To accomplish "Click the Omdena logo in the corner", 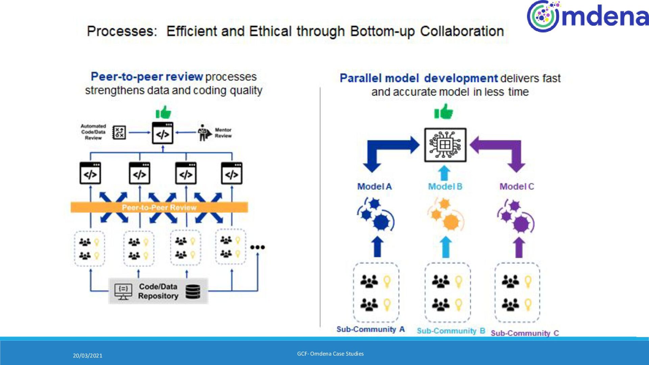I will click(587, 16).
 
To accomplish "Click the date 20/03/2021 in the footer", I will click(88, 356).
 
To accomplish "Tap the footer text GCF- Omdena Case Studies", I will click(330, 354).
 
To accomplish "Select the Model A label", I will click(375, 186).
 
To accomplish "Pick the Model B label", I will click(445, 186).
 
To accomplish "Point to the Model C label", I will click(516, 186).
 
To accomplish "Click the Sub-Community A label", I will click(370, 329).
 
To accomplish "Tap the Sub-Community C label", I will click(525, 333).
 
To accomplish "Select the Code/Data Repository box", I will click(158, 291).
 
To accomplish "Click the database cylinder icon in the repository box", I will click(193, 291).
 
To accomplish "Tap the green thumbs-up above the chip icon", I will click(443, 112).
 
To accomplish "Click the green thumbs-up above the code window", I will click(163, 112).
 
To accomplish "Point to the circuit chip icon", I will click(445, 145).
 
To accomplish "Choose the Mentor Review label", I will click(223, 133).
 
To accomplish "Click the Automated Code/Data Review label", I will click(93, 132).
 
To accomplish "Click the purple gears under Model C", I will click(516, 216).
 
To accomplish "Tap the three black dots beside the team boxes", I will click(258, 247).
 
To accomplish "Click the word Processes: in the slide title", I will click(122, 31).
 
